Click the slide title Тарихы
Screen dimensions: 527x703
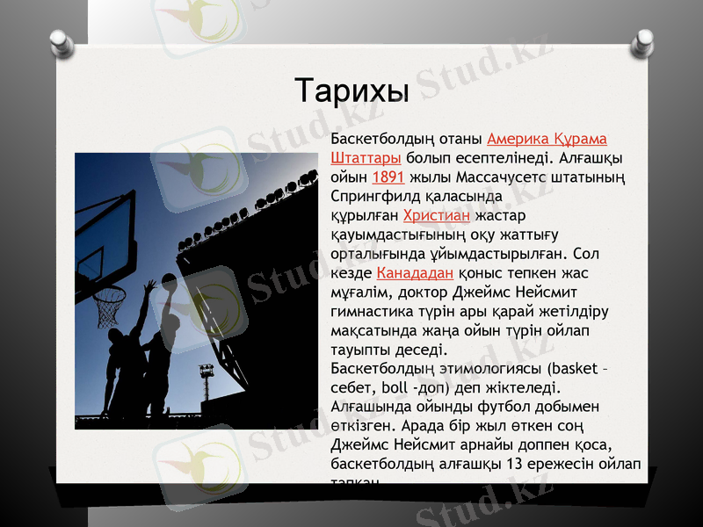pyautogui.click(x=351, y=90)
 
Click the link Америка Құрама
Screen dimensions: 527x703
pyautogui.click(x=547, y=140)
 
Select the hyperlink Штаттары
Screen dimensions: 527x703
pyautogui.click(x=366, y=158)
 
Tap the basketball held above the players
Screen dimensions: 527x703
pyautogui.click(x=169, y=282)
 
